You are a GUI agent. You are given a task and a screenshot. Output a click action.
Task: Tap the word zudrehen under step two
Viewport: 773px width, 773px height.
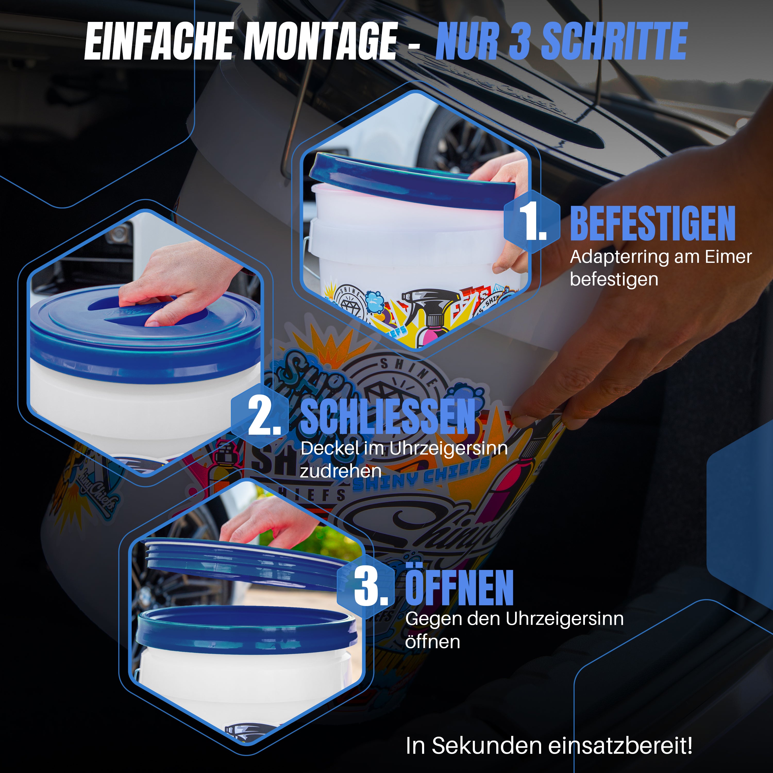340,471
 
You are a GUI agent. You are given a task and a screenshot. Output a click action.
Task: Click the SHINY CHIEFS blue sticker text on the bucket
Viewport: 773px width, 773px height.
420,476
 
